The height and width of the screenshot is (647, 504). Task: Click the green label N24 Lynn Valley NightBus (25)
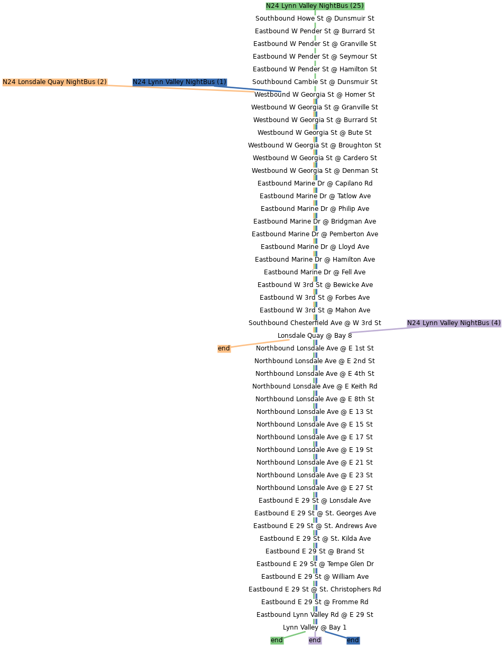click(315, 6)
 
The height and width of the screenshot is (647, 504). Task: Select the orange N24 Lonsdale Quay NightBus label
click(54, 82)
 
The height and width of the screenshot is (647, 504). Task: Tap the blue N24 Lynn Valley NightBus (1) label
click(179, 82)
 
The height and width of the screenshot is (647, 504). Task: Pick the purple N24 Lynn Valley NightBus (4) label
click(453, 323)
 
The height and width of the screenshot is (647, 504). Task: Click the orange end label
click(224, 348)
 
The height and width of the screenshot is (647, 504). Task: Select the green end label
click(277, 640)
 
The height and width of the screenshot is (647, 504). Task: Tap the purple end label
click(315, 640)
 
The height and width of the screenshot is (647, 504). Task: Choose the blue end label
click(353, 640)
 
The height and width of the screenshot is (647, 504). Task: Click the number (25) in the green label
click(357, 6)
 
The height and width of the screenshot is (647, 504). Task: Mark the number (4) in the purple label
click(496, 323)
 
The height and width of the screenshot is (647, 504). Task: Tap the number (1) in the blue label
click(221, 82)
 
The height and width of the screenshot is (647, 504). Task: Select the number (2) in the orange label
click(102, 82)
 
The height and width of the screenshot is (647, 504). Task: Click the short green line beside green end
click(295, 634)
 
